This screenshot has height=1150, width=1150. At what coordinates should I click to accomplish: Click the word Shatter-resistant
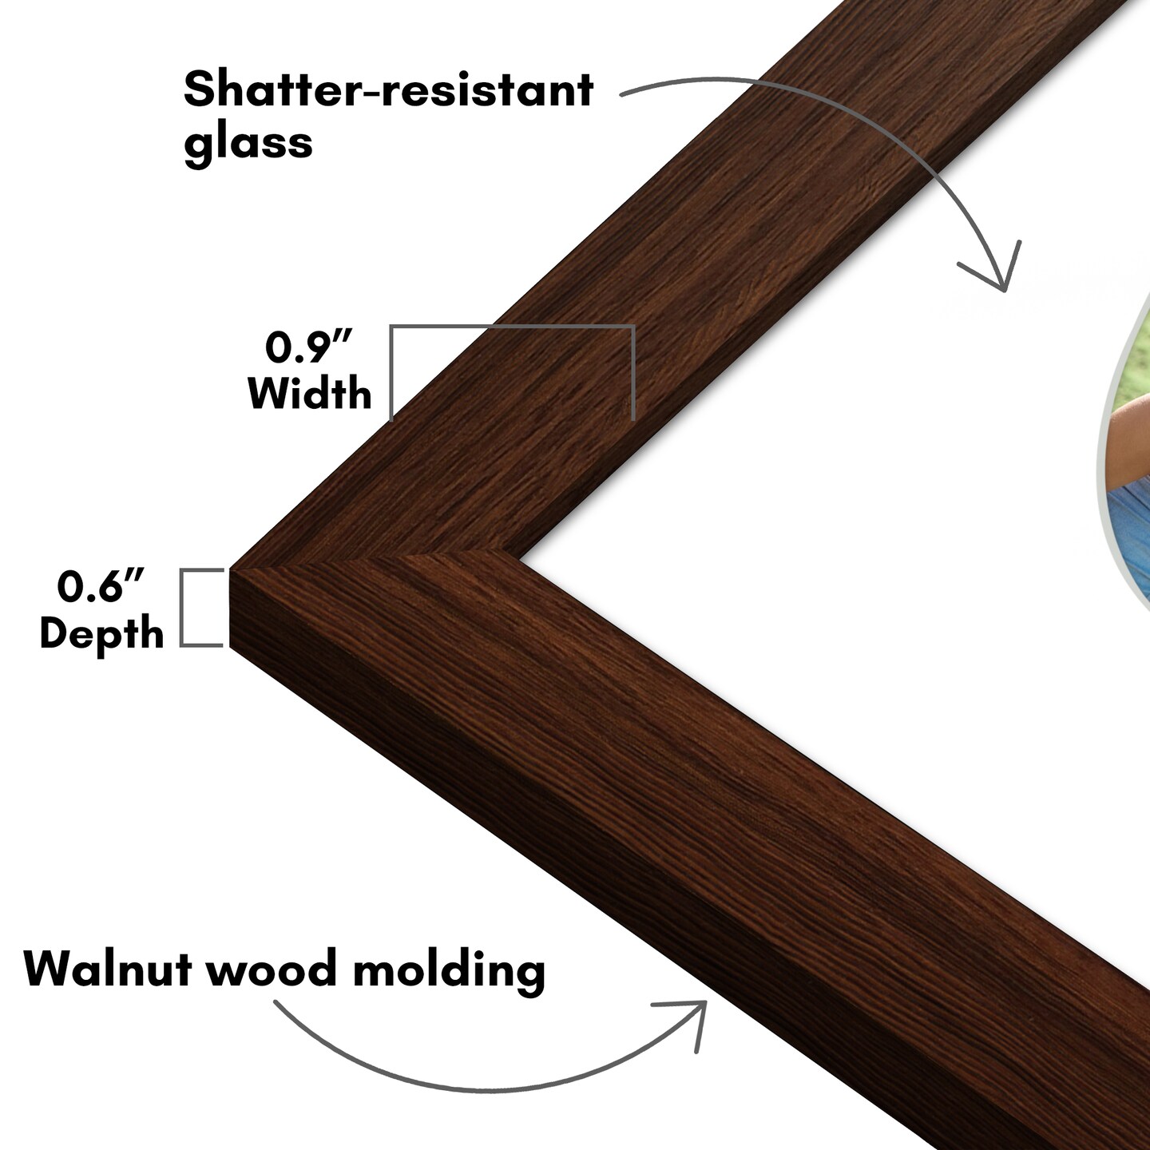click(x=388, y=89)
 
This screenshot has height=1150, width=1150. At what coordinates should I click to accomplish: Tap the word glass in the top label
click(x=248, y=142)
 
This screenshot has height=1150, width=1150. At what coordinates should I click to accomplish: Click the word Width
click(x=310, y=394)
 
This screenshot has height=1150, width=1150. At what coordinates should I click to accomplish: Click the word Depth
click(x=101, y=634)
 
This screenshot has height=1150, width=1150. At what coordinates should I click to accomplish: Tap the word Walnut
click(x=107, y=969)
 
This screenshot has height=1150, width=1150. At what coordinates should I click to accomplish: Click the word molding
click(x=449, y=969)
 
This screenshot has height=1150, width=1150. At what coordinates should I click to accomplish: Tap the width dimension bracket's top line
click(x=511, y=327)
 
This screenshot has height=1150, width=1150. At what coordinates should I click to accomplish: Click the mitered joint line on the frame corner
click(x=375, y=560)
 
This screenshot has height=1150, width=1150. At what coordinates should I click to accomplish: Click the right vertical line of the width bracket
click(x=633, y=372)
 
